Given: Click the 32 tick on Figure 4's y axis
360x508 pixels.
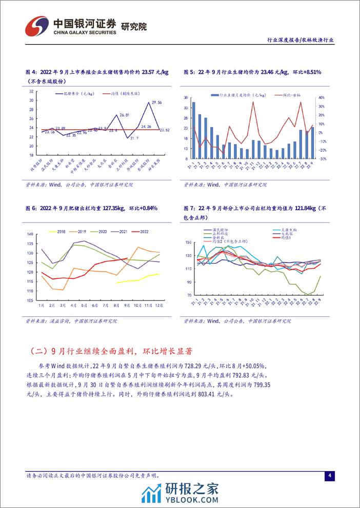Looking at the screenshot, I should tap(32, 91).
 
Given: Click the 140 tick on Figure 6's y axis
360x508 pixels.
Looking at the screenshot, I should tap(29, 234).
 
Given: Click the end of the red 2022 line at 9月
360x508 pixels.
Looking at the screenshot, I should tap(127, 258).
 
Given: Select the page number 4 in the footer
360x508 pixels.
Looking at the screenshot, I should tap(330, 476).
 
